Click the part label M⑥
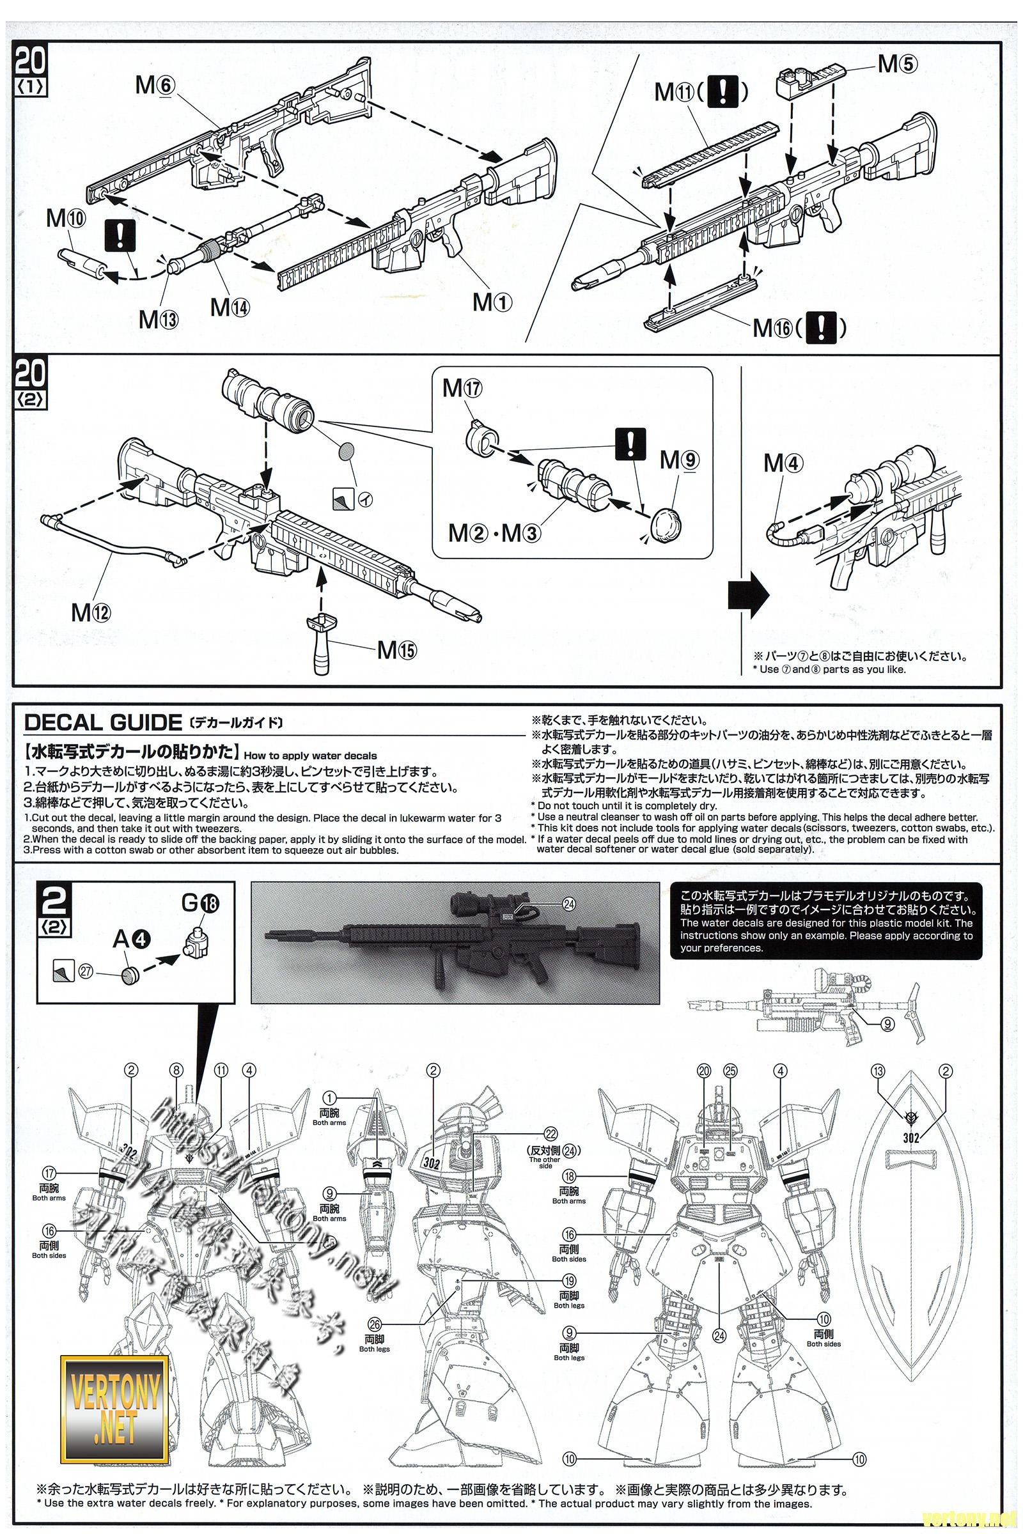click(155, 85)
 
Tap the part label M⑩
click(65, 219)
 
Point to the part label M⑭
click(230, 307)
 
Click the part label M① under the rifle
click(492, 301)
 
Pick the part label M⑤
click(898, 64)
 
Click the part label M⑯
click(772, 328)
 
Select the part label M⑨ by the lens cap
click(679, 460)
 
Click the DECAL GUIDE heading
click(102, 722)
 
